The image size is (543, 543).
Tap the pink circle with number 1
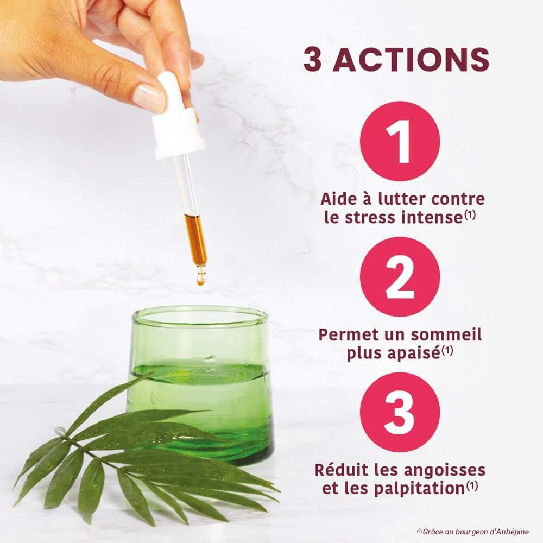(400, 141)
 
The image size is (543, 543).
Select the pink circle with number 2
(400, 277)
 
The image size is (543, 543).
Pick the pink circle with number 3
(400, 413)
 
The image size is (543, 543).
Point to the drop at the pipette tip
(201, 279)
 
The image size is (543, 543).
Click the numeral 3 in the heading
(312, 59)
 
